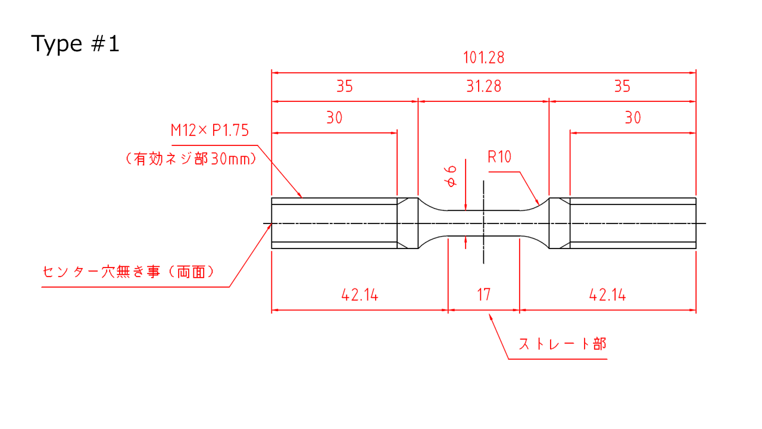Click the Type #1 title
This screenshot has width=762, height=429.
(x=75, y=44)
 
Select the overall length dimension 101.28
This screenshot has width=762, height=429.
(x=484, y=58)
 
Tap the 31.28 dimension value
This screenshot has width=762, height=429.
(x=484, y=86)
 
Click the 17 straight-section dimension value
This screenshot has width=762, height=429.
(x=484, y=294)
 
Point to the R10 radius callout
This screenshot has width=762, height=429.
(x=499, y=157)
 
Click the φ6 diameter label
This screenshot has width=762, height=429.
(x=451, y=176)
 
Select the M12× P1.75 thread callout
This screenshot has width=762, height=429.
(x=210, y=130)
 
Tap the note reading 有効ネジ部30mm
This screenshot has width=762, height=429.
(x=191, y=159)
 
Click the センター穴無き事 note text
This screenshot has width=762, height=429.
(x=101, y=272)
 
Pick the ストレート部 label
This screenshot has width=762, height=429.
(x=563, y=344)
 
